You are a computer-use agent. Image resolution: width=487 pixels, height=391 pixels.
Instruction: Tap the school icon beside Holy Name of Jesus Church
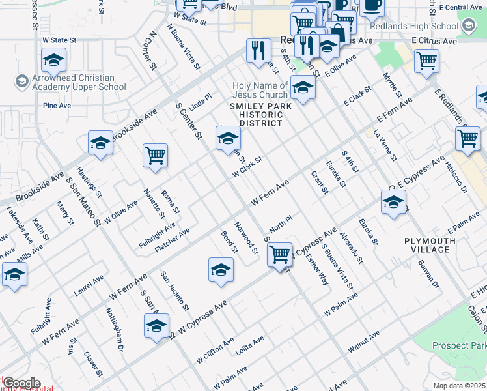click(303, 88)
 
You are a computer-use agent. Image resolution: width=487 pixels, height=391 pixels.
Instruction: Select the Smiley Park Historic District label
click(257, 114)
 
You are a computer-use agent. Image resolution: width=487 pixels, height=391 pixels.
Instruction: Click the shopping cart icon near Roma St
click(156, 156)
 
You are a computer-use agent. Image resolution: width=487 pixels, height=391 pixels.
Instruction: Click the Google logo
click(21, 383)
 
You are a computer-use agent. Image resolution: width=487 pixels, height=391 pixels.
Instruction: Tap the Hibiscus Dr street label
click(456, 179)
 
